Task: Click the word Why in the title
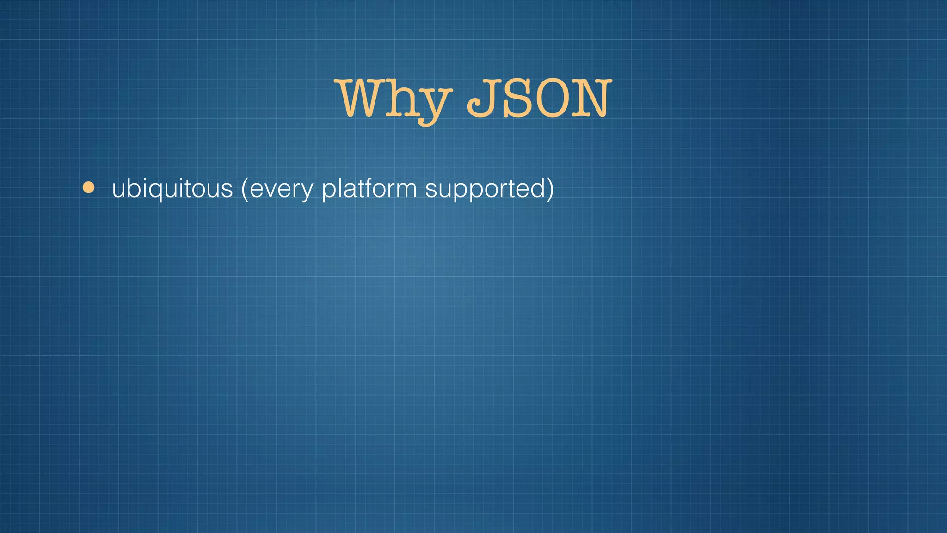pyautogui.click(x=394, y=99)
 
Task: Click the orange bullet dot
pyautogui.click(x=88, y=188)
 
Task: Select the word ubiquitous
pyautogui.click(x=172, y=189)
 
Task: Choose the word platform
pyautogui.click(x=369, y=189)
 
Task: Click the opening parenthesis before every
pyautogui.click(x=245, y=189)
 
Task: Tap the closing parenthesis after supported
pyautogui.click(x=550, y=189)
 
